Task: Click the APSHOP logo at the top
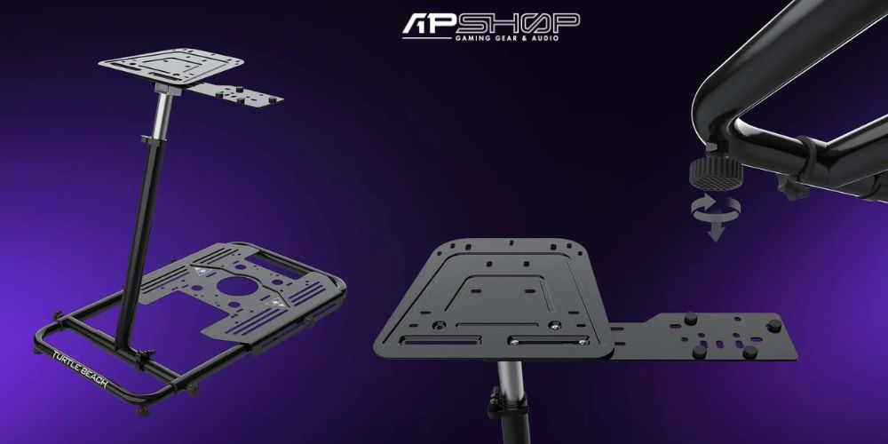[490, 27]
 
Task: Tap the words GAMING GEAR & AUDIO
[507, 38]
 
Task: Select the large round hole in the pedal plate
[237, 284]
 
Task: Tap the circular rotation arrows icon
[716, 209]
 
